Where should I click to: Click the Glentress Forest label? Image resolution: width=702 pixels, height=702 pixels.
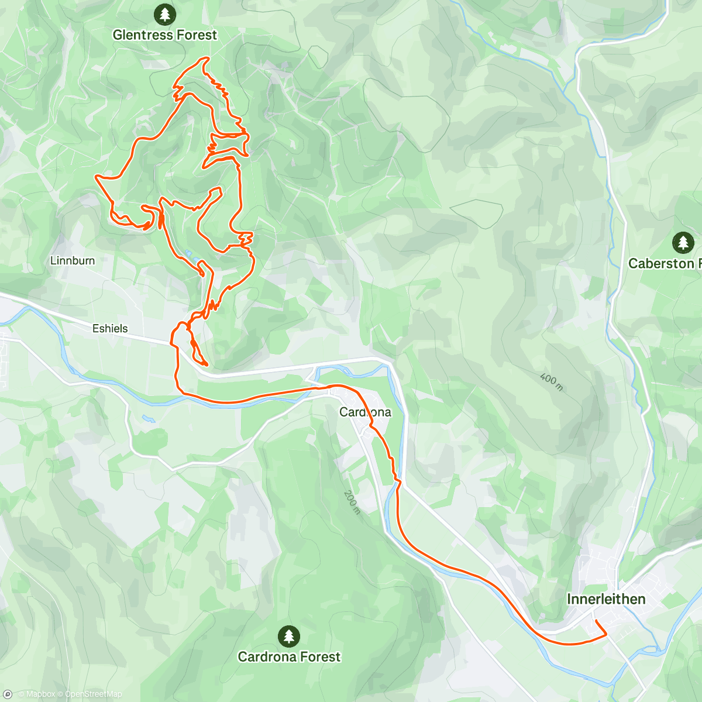click(x=164, y=35)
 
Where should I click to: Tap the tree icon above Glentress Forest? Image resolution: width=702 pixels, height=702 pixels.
click(x=164, y=13)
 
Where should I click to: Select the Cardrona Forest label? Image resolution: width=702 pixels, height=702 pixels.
click(x=289, y=656)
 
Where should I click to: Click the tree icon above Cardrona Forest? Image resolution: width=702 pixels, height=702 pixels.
click(x=288, y=635)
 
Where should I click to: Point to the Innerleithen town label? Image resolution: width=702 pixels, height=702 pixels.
click(x=606, y=599)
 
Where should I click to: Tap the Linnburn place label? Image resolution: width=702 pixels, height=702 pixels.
click(x=73, y=261)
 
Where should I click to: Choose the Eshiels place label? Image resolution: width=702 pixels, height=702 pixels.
click(x=110, y=329)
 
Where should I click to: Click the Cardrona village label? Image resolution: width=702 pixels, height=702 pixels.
click(x=365, y=412)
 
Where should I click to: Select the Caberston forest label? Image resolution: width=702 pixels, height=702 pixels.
click(x=664, y=263)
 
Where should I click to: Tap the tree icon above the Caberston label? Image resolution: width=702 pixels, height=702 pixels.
click(x=683, y=242)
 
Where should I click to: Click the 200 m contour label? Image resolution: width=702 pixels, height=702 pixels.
click(x=351, y=502)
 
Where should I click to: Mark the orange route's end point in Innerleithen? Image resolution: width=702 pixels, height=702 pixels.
click(x=594, y=620)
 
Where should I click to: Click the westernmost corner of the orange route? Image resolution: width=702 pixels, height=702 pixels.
click(x=96, y=175)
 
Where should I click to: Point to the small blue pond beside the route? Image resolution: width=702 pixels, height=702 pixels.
click(x=188, y=254)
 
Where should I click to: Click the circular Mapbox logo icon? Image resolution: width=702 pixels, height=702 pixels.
click(x=8, y=694)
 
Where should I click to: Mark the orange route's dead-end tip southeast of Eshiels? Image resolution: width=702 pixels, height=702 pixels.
click(x=207, y=364)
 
